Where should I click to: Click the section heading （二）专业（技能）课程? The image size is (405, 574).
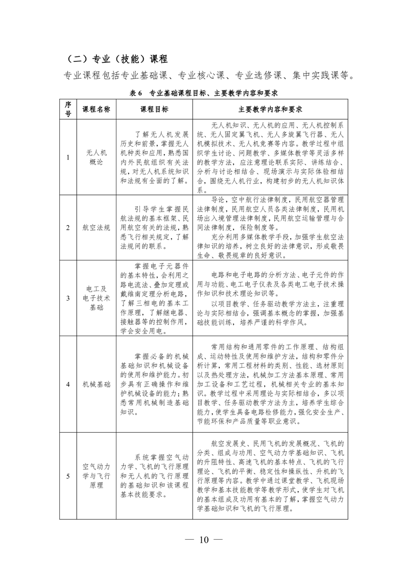point(114,58)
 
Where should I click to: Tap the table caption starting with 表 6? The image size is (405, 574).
point(203,93)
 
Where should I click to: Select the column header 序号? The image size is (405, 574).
point(68,109)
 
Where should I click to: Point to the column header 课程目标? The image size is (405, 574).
point(154,109)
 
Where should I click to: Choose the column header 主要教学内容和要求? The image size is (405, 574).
point(270,109)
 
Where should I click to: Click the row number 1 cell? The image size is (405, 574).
point(68,157)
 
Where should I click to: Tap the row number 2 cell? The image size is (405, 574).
point(68,228)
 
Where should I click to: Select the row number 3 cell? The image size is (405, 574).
point(68,298)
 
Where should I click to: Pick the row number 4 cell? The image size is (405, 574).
point(68,384)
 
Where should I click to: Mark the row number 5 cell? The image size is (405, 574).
point(68,476)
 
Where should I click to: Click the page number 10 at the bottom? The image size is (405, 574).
point(204,540)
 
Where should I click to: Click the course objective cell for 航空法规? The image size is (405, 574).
point(154,228)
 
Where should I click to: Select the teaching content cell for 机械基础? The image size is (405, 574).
point(270,384)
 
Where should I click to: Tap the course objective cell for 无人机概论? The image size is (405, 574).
point(154,157)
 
